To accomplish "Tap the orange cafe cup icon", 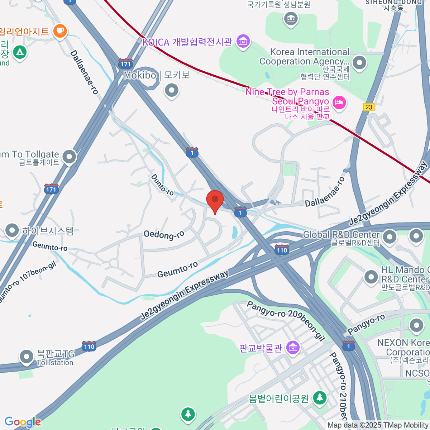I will (60, 31).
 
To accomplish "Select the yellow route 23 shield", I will (369, 107).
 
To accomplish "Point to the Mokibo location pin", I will (172, 90).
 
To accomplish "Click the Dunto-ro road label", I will (162, 185).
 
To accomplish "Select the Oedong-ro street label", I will (164, 235).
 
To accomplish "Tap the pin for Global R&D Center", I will (390, 237).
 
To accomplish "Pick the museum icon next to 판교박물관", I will (293, 347).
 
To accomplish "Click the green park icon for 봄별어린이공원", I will (319, 397).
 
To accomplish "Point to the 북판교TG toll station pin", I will (26, 357).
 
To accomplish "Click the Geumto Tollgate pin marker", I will (69, 157).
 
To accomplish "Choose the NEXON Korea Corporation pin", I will (416, 326).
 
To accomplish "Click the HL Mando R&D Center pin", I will (371, 277).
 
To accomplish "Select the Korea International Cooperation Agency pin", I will (359, 63).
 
